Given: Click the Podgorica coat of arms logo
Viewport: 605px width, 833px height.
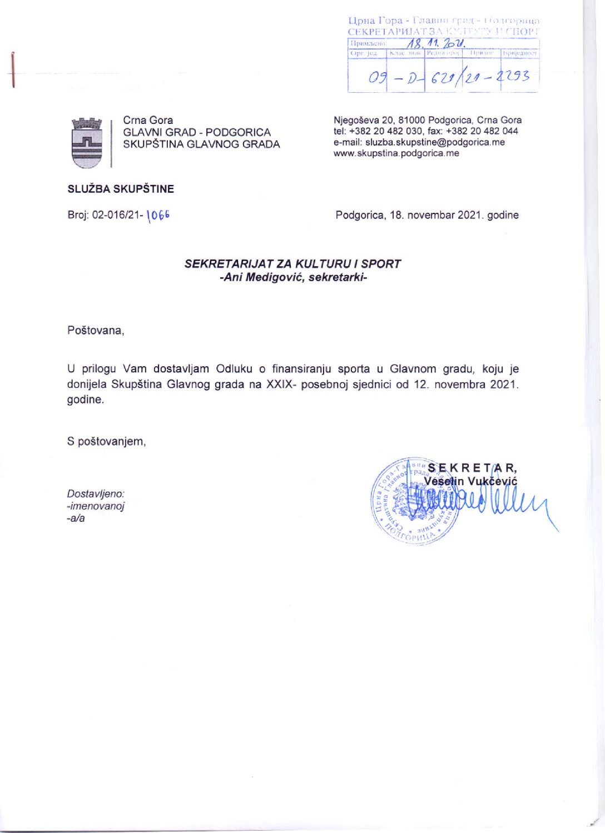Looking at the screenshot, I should pyautogui.click(x=87, y=143).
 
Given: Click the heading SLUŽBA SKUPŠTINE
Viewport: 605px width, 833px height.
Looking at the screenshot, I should pyautogui.click(x=121, y=189).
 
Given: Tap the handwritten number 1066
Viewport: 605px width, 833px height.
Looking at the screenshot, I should pyautogui.click(x=158, y=216).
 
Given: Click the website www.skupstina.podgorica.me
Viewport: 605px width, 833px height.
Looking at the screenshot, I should pyautogui.click(x=396, y=153).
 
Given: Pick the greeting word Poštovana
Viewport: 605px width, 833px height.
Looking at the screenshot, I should pyautogui.click(x=95, y=331).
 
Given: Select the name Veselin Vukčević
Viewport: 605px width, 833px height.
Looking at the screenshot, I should pyautogui.click(x=470, y=481).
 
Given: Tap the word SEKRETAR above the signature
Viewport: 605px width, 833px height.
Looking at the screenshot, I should pyautogui.click(x=473, y=468).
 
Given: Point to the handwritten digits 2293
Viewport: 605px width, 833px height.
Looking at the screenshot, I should pyautogui.click(x=515, y=76).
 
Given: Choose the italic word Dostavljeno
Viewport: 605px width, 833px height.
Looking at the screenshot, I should pyautogui.click(x=96, y=493).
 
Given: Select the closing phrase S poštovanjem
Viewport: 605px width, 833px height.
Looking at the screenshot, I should pyautogui.click(x=106, y=442).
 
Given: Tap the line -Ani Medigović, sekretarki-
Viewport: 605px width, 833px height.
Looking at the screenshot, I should pyautogui.click(x=293, y=277).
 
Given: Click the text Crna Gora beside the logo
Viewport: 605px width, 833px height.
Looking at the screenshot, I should pyautogui.click(x=148, y=120).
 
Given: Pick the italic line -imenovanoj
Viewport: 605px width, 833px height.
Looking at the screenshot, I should pyautogui.click(x=95, y=506).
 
